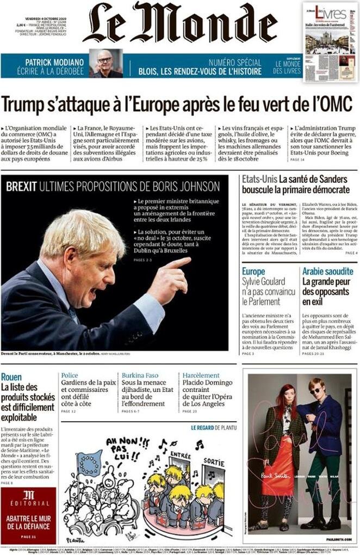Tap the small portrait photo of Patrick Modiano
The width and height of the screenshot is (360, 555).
(105, 64)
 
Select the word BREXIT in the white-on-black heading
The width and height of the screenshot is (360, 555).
(21, 187)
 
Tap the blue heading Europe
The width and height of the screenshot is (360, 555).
(253, 271)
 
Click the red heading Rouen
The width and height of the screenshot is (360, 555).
(11, 377)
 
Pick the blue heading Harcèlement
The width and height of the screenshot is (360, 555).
(201, 375)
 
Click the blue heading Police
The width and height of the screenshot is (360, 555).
(70, 375)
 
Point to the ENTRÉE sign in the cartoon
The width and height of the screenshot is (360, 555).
(181, 455)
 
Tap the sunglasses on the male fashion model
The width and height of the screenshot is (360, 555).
(315, 390)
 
